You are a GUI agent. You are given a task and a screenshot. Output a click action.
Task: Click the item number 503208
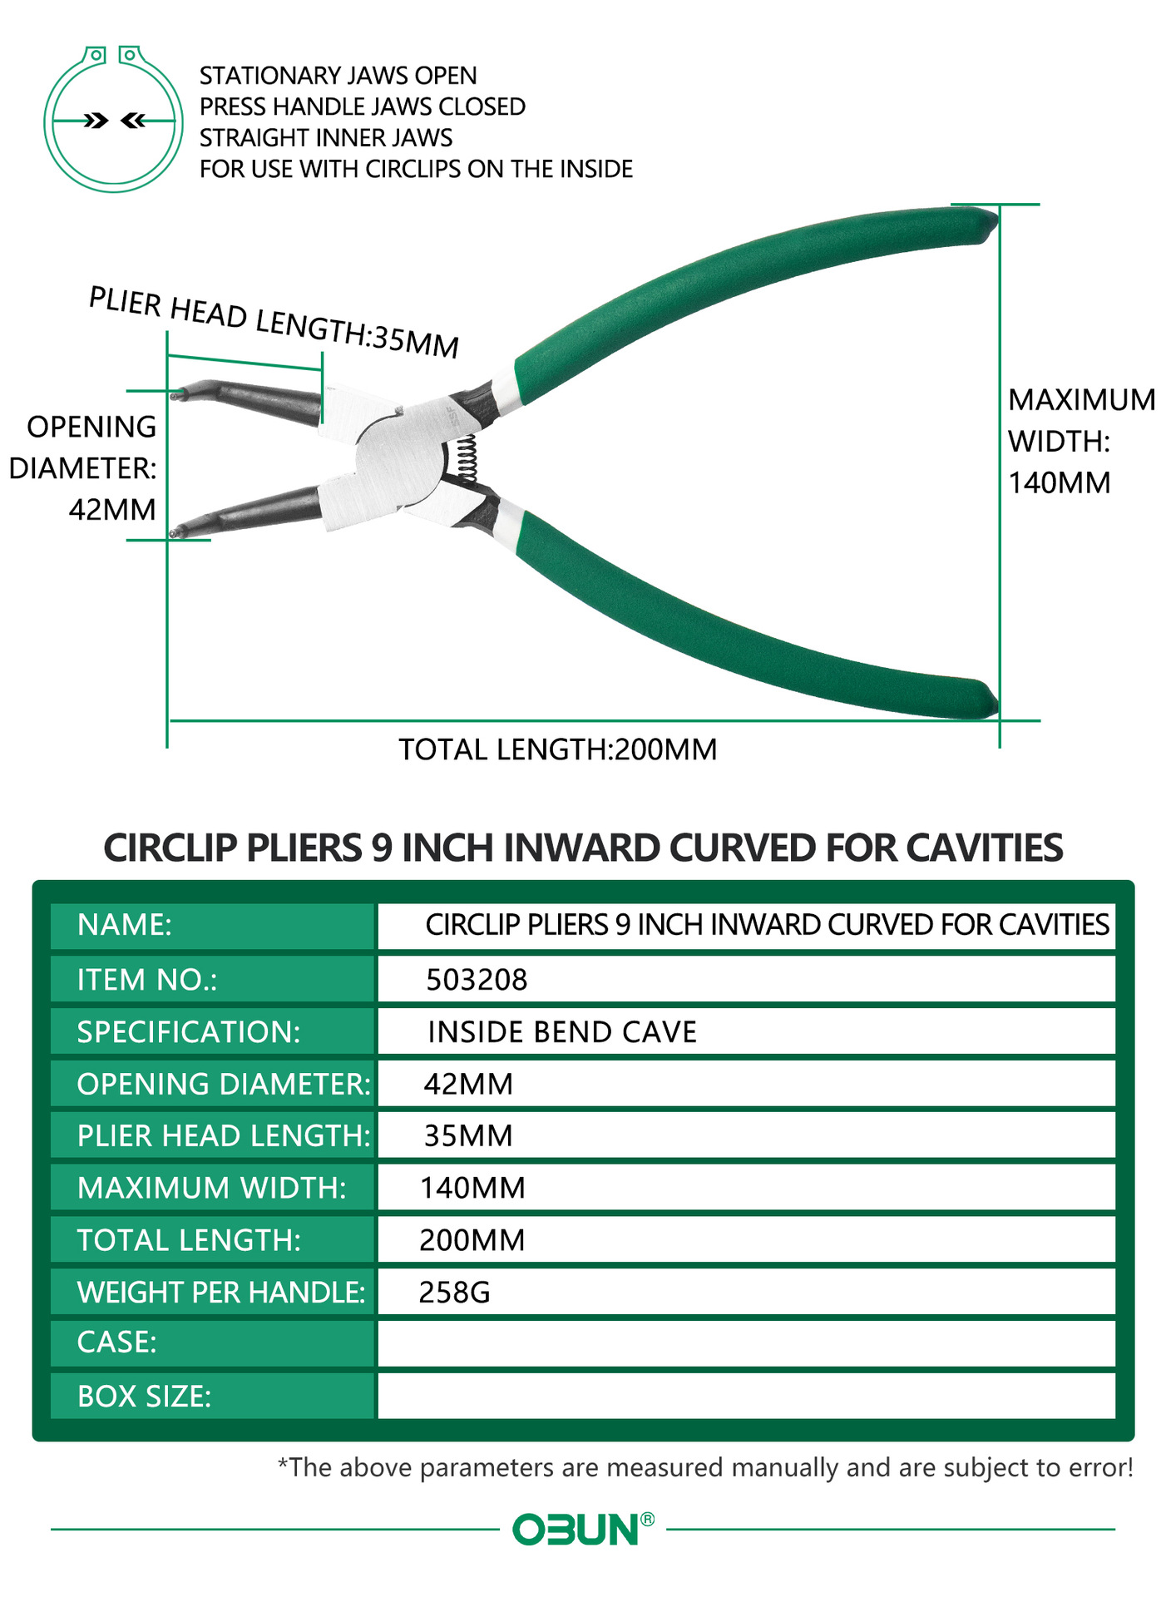point(477,980)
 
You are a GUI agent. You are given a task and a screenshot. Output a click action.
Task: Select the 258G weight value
point(454,1292)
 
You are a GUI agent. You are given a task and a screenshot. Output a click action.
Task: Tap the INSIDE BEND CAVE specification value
point(562,1032)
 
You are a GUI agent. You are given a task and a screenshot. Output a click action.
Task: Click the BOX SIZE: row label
point(144,1396)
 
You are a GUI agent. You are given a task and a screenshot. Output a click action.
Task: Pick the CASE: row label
point(116,1342)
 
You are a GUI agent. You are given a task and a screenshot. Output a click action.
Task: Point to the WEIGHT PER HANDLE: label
point(221,1292)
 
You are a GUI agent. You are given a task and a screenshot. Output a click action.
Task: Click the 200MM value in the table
point(472,1240)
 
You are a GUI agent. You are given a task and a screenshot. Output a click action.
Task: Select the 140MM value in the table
point(472,1188)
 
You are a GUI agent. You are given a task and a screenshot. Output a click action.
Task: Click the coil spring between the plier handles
point(467,458)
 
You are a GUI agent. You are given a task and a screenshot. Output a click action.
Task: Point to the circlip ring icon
point(113,120)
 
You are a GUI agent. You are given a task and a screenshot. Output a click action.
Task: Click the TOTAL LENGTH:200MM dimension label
point(557,749)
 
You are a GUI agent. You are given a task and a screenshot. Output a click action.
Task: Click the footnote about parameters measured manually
point(705,1467)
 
